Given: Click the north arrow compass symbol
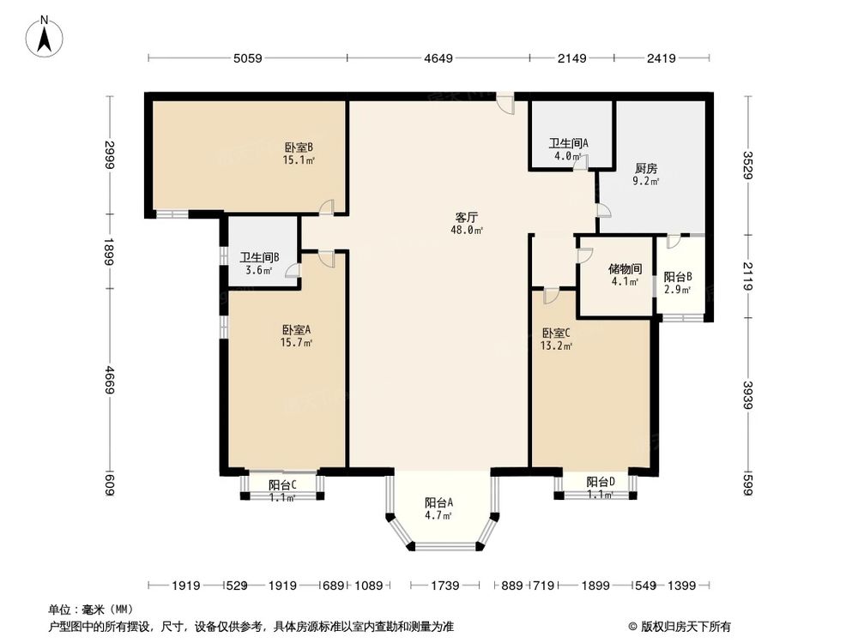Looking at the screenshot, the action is (x=45, y=36).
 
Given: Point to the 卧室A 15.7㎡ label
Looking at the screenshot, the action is (x=296, y=336).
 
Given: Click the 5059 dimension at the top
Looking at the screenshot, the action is (x=248, y=58).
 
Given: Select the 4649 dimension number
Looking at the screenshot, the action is (x=438, y=58).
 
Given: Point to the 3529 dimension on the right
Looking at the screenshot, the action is (x=748, y=165).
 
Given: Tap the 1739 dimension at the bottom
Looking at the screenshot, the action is (x=444, y=586).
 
